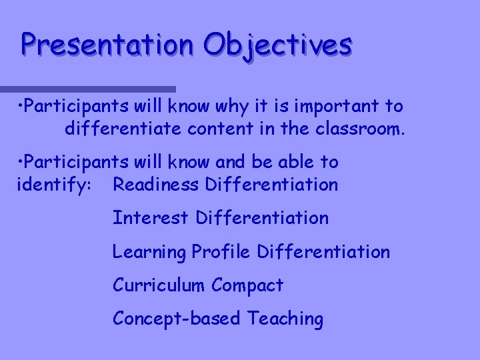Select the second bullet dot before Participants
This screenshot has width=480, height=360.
[x=22, y=162]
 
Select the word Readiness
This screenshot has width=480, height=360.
[x=155, y=184]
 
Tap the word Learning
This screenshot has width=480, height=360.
[x=149, y=253]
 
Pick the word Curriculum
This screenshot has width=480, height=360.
[x=159, y=285]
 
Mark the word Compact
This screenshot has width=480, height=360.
[x=247, y=286]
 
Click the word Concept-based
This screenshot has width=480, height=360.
[x=177, y=319]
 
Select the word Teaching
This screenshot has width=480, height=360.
[x=285, y=319]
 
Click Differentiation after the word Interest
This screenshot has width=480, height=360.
[x=263, y=218]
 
